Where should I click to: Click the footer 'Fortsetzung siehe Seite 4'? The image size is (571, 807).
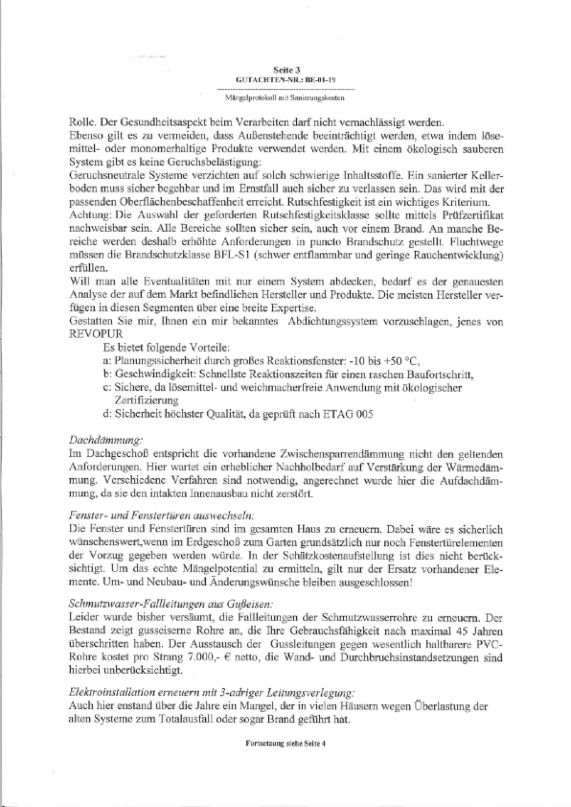click(285, 744)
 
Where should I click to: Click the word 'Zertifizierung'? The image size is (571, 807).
click(146, 400)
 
